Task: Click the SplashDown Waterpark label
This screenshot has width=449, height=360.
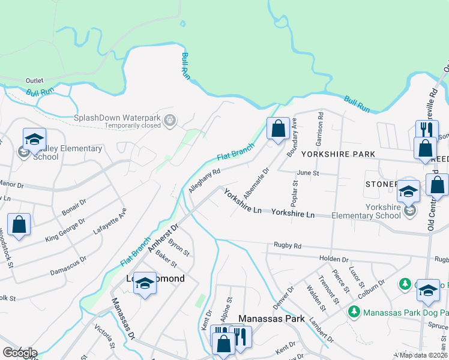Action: [118, 118]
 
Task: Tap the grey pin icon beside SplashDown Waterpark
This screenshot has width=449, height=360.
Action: [170, 121]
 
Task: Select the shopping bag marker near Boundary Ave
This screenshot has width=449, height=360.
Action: [278, 128]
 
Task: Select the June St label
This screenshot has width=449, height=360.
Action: [307, 172]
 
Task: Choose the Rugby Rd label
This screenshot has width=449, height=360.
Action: [287, 245]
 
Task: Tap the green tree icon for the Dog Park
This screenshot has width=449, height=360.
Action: [354, 313]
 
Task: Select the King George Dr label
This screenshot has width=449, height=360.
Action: [66, 230]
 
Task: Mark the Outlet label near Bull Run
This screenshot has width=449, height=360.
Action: [35, 80]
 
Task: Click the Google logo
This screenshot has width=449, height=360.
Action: [19, 353]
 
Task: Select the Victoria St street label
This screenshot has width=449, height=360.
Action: [104, 337]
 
